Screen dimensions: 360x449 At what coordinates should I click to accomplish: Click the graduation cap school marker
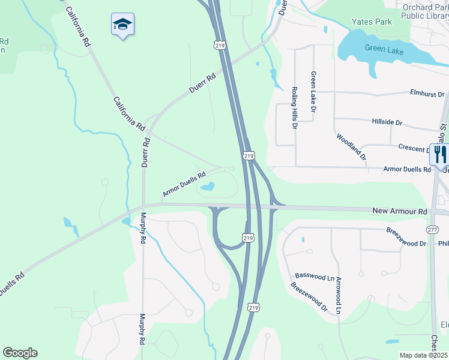(x=122, y=25)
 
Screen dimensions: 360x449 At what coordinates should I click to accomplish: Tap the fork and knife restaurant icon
(x=439, y=154)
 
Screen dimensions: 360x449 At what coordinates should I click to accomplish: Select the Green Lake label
(x=384, y=50)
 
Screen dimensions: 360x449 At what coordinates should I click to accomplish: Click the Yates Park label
(x=372, y=22)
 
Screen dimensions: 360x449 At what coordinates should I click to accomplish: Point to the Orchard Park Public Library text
(x=425, y=12)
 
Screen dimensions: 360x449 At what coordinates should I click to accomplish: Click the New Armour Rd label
(x=399, y=211)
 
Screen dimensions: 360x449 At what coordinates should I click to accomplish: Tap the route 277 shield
(x=433, y=229)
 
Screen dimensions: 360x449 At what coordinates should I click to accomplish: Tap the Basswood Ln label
(x=315, y=277)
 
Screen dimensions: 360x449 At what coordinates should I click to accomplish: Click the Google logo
(x=20, y=353)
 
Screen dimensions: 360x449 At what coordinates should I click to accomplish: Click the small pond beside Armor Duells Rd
(x=207, y=187)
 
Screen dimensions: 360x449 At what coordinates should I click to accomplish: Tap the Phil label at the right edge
(x=443, y=244)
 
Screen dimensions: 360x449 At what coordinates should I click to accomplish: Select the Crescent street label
(x=413, y=147)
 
